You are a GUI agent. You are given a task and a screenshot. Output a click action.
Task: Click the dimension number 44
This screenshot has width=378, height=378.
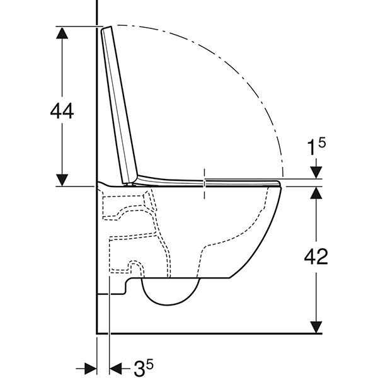[62, 111]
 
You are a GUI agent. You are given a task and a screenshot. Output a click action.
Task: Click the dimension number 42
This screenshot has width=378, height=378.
[316, 256]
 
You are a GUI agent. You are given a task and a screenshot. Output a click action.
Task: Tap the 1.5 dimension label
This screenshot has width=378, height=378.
[316, 146]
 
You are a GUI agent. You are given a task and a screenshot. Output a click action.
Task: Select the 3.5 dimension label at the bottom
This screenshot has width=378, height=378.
[144, 367]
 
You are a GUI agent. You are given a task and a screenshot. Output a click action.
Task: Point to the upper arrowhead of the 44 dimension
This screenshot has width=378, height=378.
[62, 33]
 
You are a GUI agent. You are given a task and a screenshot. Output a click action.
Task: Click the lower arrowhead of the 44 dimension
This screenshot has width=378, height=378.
[62, 180]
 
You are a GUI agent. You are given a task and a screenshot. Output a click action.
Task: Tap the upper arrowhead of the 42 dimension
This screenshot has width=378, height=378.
[316, 193]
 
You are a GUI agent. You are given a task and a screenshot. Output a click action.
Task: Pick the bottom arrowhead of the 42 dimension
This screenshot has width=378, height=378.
[316, 327]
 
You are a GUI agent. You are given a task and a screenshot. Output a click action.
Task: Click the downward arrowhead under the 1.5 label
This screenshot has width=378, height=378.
[316, 173]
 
